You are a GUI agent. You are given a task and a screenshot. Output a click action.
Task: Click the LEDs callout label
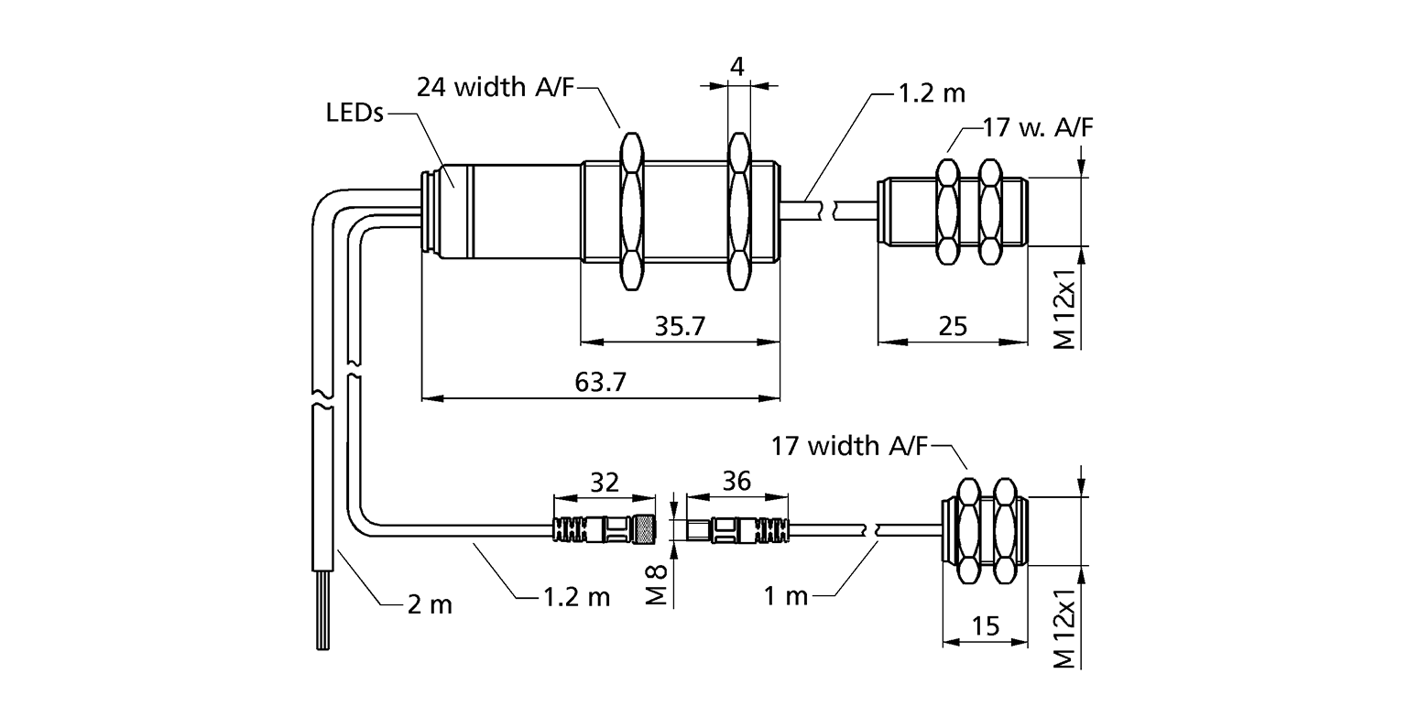354,115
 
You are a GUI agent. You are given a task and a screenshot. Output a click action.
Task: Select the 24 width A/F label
496,88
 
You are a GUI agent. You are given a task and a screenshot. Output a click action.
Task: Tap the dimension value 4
736,67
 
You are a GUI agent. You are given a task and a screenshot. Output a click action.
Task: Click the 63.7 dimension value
601,382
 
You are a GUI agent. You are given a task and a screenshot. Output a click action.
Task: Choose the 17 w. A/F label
1037,126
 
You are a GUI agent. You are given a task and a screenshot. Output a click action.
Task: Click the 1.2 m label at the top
929,92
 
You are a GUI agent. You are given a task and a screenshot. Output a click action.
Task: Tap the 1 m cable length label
786,597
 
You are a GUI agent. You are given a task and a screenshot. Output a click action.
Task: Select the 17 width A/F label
849,446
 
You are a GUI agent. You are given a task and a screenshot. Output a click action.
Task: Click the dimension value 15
986,627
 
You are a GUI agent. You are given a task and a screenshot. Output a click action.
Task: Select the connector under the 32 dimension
603,528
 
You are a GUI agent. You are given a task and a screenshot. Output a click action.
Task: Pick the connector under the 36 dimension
736,529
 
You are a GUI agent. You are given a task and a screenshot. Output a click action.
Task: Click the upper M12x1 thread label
1063,308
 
